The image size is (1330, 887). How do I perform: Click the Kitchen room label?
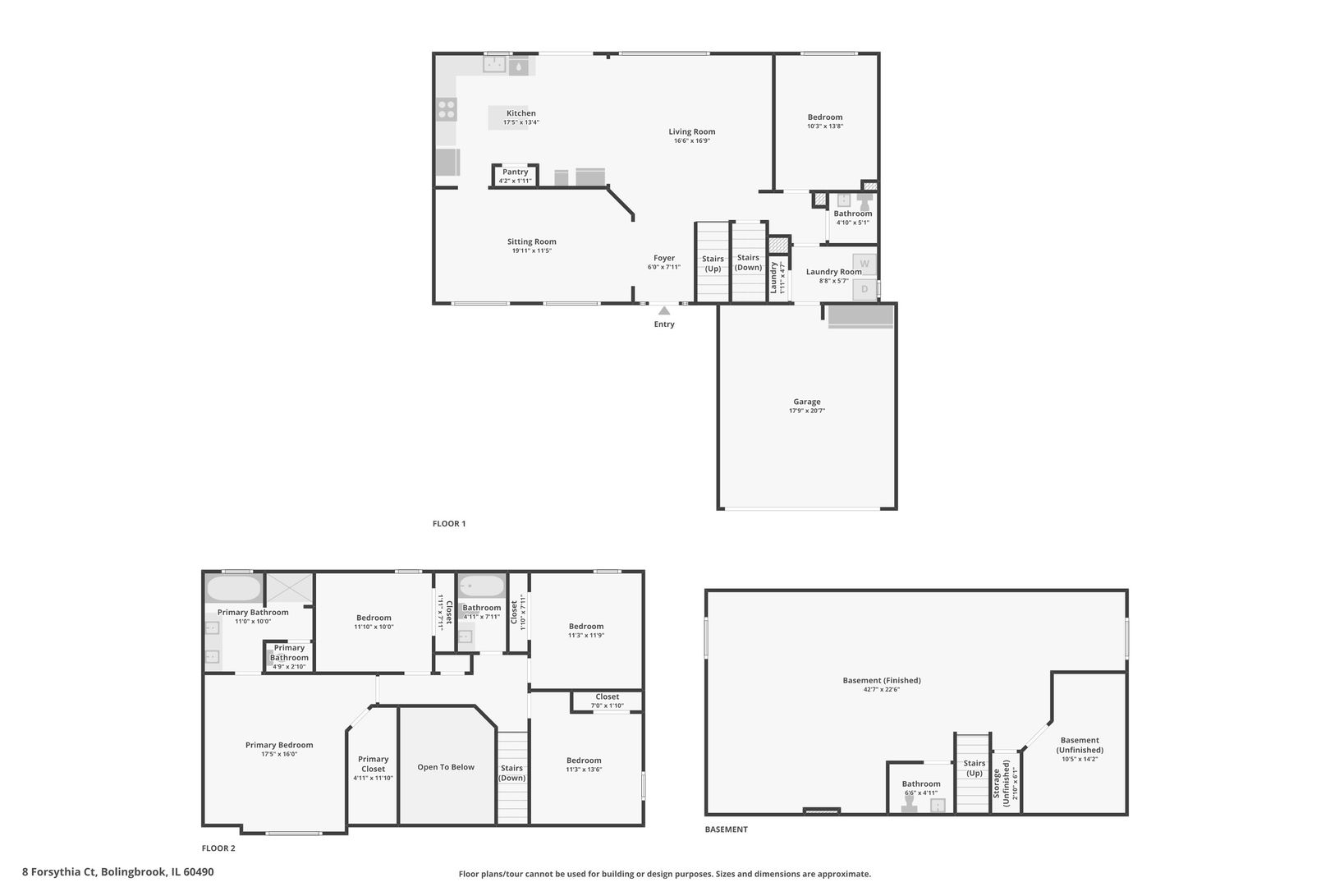click(x=521, y=113)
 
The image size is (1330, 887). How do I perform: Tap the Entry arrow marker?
click(x=664, y=310)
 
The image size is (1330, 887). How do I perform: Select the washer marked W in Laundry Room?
click(x=864, y=264)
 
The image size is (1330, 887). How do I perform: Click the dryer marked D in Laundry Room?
click(x=864, y=289)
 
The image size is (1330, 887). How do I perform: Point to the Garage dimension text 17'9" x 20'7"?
click(x=806, y=411)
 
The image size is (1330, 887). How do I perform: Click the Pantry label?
click(x=516, y=172)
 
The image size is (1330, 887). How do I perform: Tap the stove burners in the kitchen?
click(x=447, y=109)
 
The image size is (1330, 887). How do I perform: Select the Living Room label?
click(x=691, y=131)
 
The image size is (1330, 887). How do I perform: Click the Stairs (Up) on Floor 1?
click(x=713, y=264)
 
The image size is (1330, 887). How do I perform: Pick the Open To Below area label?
click(x=446, y=767)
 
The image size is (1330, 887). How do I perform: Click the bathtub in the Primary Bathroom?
click(x=233, y=588)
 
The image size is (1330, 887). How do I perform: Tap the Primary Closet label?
click(x=373, y=764)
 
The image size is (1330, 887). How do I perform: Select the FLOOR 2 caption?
click(x=218, y=848)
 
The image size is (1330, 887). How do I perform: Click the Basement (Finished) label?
click(x=882, y=680)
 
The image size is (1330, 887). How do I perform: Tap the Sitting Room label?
click(x=531, y=241)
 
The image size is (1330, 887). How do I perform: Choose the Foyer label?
click(x=663, y=258)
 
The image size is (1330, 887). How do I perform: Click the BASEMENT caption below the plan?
click(x=726, y=830)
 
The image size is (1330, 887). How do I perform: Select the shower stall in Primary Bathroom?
click(x=289, y=588)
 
